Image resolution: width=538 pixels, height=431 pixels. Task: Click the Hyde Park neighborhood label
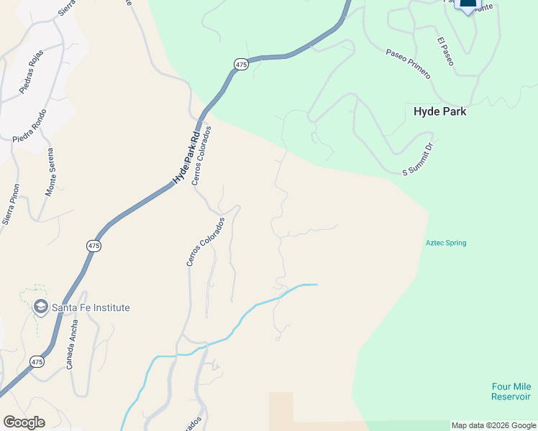click(439, 112)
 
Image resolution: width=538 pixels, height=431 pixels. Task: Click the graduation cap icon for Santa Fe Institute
click(40, 307)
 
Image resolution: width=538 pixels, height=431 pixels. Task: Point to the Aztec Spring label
click(446, 243)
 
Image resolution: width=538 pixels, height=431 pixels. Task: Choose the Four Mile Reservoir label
click(511, 391)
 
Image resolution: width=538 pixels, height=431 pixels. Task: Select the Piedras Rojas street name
click(31, 70)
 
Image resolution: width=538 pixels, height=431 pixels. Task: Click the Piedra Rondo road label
click(29, 126)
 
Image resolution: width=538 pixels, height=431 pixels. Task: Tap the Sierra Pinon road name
click(11, 205)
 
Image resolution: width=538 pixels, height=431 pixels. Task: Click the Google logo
click(24, 422)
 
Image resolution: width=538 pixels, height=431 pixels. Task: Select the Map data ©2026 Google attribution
click(493, 425)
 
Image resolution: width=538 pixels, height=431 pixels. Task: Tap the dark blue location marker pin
click(468, 4)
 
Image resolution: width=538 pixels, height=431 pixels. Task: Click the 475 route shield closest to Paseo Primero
click(241, 65)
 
